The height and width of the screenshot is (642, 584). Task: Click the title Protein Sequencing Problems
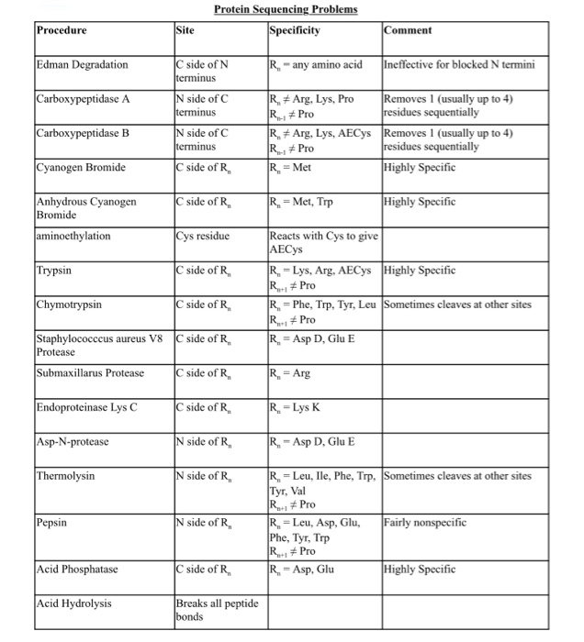point(286,10)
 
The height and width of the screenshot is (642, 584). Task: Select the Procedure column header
point(62,30)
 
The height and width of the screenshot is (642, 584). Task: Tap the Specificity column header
point(295,30)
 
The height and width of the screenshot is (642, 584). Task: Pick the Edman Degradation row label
point(83,64)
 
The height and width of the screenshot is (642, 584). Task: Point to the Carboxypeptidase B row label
point(83,132)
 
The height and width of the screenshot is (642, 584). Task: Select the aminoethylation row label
point(73,236)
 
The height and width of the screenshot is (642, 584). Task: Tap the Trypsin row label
point(54,271)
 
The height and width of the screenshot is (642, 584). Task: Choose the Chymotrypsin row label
point(69,304)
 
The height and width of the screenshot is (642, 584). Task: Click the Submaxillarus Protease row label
point(90,372)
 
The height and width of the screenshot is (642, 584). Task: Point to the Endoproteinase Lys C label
point(87,407)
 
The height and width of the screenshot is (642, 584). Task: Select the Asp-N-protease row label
point(73,442)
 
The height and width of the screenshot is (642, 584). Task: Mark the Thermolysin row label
point(65,476)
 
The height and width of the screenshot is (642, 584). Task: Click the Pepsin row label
point(51,522)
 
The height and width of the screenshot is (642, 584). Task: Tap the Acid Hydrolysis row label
point(73,603)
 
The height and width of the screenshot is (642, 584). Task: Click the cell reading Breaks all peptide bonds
point(217,609)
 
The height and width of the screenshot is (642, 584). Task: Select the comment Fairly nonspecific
point(425,522)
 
